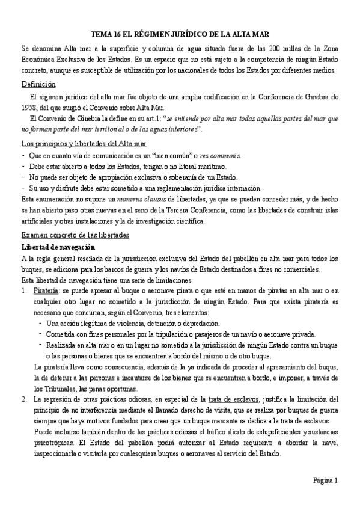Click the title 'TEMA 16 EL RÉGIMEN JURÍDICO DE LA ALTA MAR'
(x=180, y=34)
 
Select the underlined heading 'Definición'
(x=37, y=84)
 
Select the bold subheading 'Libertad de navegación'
(x=60, y=247)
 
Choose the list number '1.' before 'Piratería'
(x=24, y=291)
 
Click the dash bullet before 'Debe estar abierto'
(x=23, y=166)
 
